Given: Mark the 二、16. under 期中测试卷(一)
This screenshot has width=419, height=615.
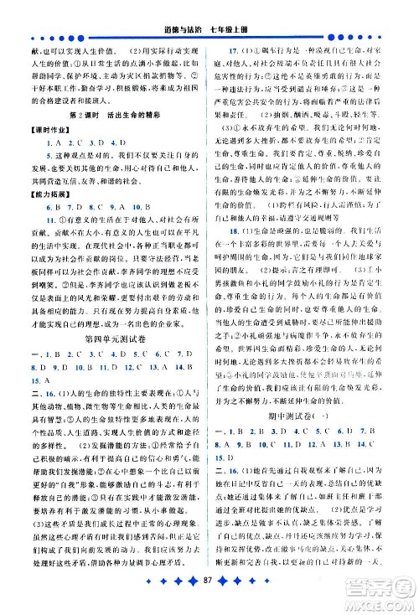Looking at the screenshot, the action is (231, 542).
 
